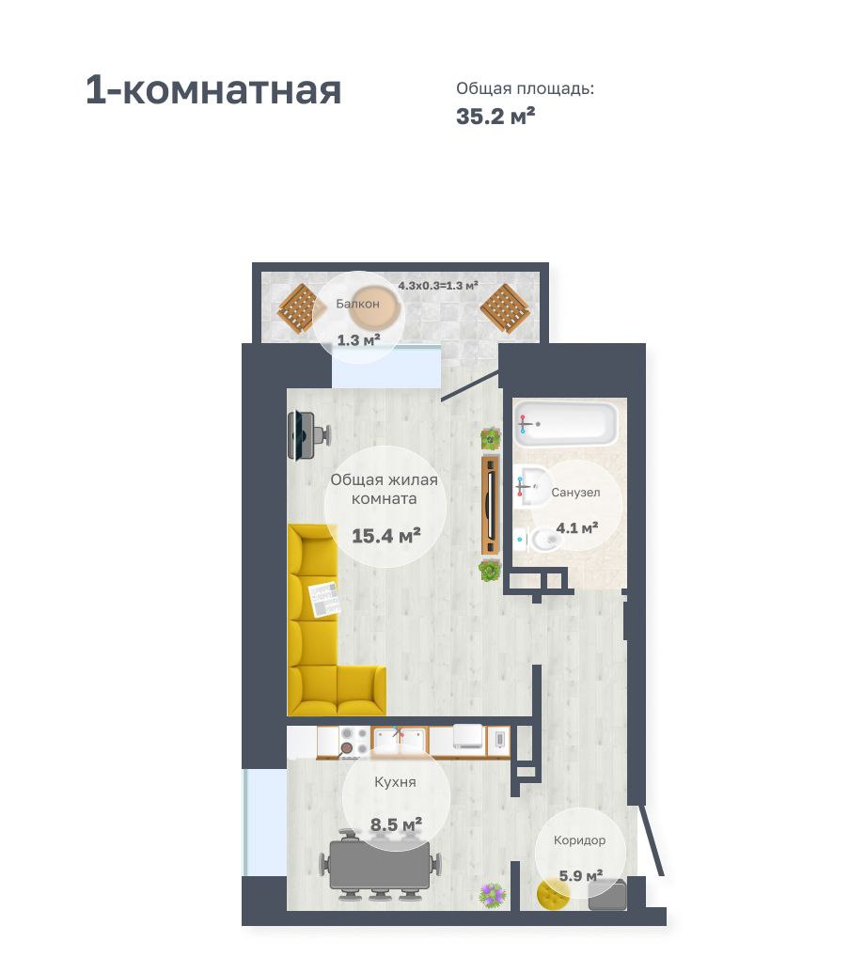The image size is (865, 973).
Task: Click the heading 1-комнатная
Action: (x=213, y=91)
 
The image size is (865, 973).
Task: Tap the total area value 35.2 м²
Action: (x=495, y=116)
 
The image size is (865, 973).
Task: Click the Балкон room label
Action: (x=357, y=304)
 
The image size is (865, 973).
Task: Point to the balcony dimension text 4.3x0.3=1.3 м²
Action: (x=438, y=286)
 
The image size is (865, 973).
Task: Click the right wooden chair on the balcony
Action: (x=505, y=308)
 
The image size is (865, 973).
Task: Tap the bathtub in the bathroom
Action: (x=566, y=423)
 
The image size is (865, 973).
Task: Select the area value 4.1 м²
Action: (x=577, y=528)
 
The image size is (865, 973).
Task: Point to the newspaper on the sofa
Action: (x=324, y=600)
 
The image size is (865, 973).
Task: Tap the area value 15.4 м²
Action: (x=386, y=536)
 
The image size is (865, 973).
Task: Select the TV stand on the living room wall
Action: (x=491, y=505)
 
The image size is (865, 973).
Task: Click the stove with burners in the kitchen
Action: (x=354, y=742)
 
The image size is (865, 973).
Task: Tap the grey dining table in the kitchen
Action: (x=381, y=864)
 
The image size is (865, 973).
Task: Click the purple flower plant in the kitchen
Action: (x=493, y=895)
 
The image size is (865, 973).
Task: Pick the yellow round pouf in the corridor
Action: (x=554, y=894)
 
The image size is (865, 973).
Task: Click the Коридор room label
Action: (x=579, y=840)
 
